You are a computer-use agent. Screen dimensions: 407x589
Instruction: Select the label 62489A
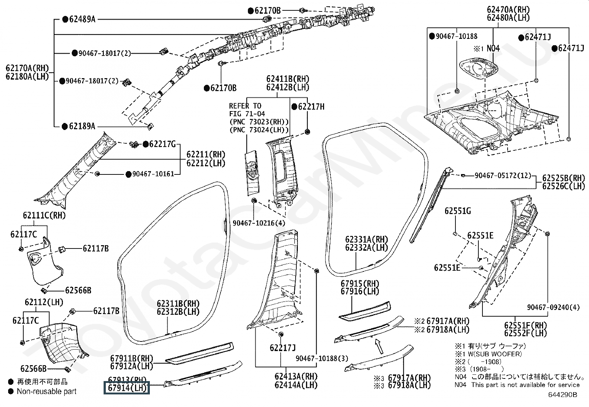click(82, 19)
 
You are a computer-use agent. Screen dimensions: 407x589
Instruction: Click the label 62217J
click(283, 348)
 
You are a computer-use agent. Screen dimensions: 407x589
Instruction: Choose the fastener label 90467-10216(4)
click(259, 223)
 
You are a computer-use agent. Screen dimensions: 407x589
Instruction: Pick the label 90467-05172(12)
click(502, 175)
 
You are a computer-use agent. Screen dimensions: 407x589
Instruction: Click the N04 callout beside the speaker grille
click(493, 48)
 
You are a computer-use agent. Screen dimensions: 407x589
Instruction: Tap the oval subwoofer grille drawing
click(479, 69)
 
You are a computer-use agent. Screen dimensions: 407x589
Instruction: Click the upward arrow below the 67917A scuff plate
click(378, 347)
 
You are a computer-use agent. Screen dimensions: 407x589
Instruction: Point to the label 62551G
click(458, 211)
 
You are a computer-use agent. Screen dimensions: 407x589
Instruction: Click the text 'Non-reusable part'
click(47, 391)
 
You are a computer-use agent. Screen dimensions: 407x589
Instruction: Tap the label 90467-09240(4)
click(553, 307)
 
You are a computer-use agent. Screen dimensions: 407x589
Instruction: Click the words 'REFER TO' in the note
click(245, 106)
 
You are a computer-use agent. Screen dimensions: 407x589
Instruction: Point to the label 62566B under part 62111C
click(78, 290)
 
